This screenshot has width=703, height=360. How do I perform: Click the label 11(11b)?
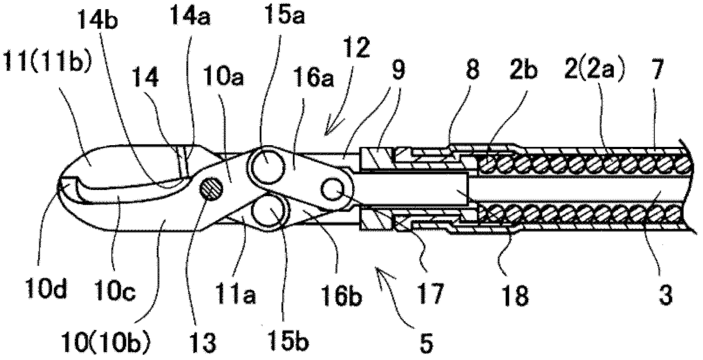tap(45, 58)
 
